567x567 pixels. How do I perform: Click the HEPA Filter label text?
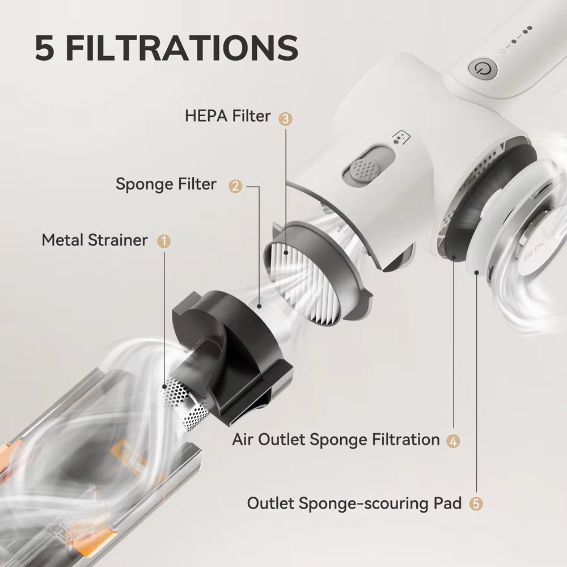tap(227, 117)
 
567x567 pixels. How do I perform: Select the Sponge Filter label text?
tap(166, 184)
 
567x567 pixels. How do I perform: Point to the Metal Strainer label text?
tap(94, 240)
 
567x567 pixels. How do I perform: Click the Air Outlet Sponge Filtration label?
tap(336, 439)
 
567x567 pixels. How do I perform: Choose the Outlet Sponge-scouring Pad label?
tap(354, 503)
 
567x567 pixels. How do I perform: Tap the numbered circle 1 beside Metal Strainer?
tap(164, 241)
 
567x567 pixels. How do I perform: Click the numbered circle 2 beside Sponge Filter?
tap(235, 185)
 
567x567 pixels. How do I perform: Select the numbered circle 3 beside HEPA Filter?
tap(286, 118)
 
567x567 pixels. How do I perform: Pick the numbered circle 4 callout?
tap(452, 439)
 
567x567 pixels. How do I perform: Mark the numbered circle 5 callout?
tap(477, 503)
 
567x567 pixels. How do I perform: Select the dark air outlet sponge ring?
tap(454, 227)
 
